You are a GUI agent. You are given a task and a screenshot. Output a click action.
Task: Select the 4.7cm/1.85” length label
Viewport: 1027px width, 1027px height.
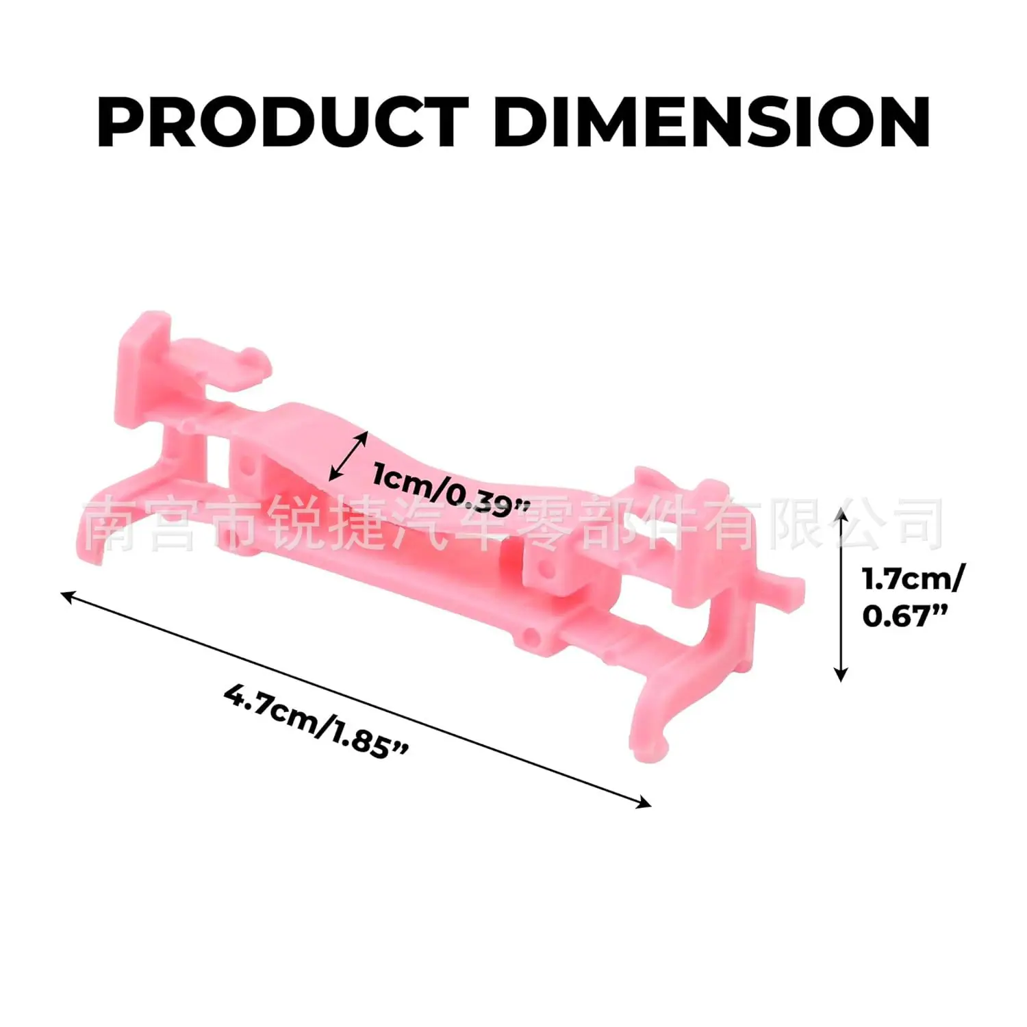(x=316, y=720)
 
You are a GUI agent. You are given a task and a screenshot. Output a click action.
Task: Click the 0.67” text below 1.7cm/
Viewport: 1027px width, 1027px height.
(x=905, y=616)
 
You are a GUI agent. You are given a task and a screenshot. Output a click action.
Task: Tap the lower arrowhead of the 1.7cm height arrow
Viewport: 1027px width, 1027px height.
(x=841, y=675)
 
